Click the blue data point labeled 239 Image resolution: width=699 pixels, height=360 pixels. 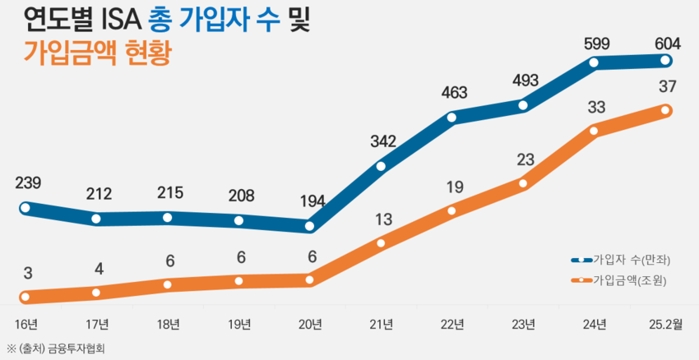25,208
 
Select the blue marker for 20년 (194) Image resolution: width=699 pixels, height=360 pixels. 310,226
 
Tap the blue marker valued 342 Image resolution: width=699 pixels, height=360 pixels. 381,167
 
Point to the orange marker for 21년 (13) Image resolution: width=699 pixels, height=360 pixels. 381,242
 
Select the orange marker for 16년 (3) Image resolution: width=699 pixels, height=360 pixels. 25,297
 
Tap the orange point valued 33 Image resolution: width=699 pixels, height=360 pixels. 595,130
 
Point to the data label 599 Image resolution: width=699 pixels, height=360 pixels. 595,44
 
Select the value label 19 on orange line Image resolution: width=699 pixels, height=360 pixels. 452,187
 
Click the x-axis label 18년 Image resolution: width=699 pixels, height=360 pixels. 168,324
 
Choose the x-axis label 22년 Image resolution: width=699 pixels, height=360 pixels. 452,324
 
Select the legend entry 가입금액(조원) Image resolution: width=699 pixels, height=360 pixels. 629,280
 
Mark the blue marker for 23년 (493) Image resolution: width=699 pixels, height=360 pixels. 524,104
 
